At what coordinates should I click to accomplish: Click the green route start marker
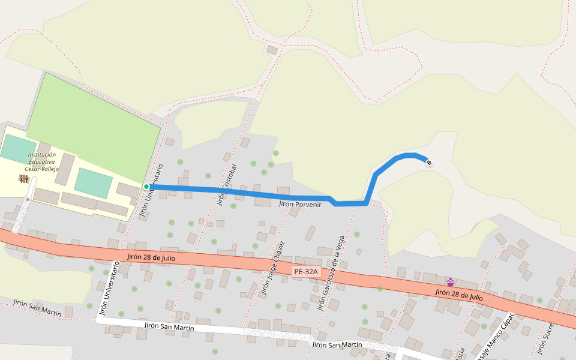146,187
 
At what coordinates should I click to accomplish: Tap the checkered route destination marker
428,162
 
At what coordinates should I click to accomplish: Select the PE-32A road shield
305,272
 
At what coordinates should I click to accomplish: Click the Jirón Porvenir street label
301,205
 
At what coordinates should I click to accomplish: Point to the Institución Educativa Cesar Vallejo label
41,162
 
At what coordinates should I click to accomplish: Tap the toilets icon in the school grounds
23,179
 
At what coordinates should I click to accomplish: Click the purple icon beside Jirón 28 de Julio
450,281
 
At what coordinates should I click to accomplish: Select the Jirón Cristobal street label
227,185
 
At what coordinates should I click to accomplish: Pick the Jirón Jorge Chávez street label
271,269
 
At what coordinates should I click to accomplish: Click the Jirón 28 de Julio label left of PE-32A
151,257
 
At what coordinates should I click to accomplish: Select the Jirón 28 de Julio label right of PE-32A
459,294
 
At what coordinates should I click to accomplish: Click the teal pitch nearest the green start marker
93,182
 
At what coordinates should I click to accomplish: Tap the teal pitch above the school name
18,148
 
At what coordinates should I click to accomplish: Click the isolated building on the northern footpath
272,50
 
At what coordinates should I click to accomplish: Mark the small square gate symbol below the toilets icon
28,199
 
